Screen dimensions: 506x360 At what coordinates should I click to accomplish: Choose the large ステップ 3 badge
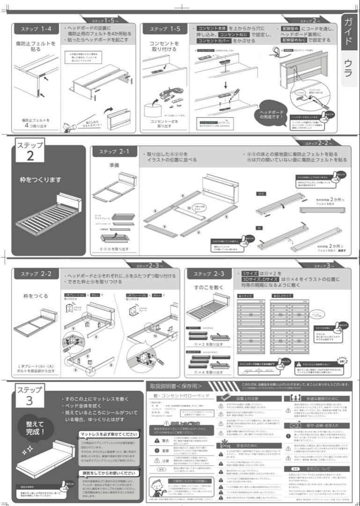pyautogui.click(x=30, y=395)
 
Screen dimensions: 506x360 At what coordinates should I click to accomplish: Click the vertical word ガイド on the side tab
pyautogui.click(x=349, y=31)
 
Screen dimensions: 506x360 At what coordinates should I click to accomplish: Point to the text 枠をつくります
pyautogui.click(x=40, y=179)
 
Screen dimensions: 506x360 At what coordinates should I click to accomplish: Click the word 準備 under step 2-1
pyautogui.click(x=115, y=165)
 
